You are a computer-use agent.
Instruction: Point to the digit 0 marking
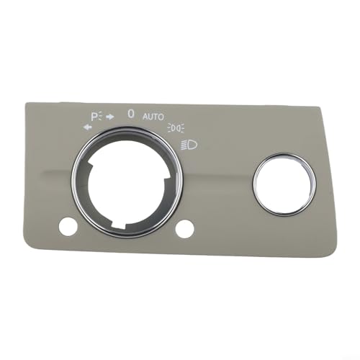pos(130,113)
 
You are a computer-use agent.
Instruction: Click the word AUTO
pos(153,116)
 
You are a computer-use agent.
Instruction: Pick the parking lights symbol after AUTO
pos(176,128)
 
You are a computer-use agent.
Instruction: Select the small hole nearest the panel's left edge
pos(69,226)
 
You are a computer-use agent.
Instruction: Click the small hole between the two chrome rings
pos(186,229)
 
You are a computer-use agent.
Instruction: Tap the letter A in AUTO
pos(145,116)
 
